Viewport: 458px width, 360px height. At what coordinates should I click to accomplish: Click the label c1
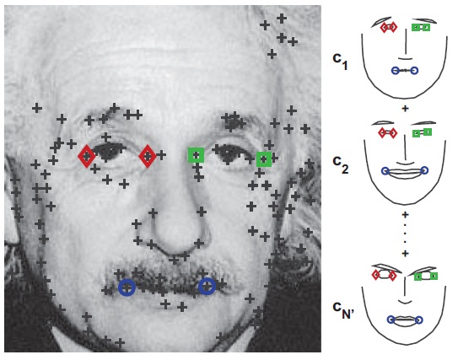[x=340, y=62]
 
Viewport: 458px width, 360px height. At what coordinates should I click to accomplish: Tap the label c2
[x=341, y=165]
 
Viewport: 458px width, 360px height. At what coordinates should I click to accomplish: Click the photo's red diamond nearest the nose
[x=148, y=156]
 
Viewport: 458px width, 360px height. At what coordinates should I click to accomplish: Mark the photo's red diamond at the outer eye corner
[x=87, y=156]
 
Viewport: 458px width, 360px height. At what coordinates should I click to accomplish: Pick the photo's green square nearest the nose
[x=196, y=155]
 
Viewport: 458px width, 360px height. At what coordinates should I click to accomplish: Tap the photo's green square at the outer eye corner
[x=264, y=159]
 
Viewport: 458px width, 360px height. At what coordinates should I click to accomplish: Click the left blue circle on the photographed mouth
[x=127, y=287]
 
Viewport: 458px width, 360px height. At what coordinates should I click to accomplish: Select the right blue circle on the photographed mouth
[x=207, y=286]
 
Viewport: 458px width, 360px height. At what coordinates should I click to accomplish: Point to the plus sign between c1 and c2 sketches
[x=405, y=109]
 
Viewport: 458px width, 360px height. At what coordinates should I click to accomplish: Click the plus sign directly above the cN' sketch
[x=405, y=253]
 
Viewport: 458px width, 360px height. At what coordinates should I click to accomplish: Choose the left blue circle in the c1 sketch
[x=396, y=70]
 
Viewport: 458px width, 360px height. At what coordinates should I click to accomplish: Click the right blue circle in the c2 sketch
[x=425, y=170]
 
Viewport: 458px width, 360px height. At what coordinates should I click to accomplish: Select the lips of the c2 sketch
[x=405, y=172]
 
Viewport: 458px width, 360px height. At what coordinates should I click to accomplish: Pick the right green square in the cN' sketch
[x=434, y=276]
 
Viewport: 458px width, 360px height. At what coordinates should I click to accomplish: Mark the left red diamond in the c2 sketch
[x=382, y=133]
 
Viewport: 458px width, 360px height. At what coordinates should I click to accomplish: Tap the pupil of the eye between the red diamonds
[x=107, y=151]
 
